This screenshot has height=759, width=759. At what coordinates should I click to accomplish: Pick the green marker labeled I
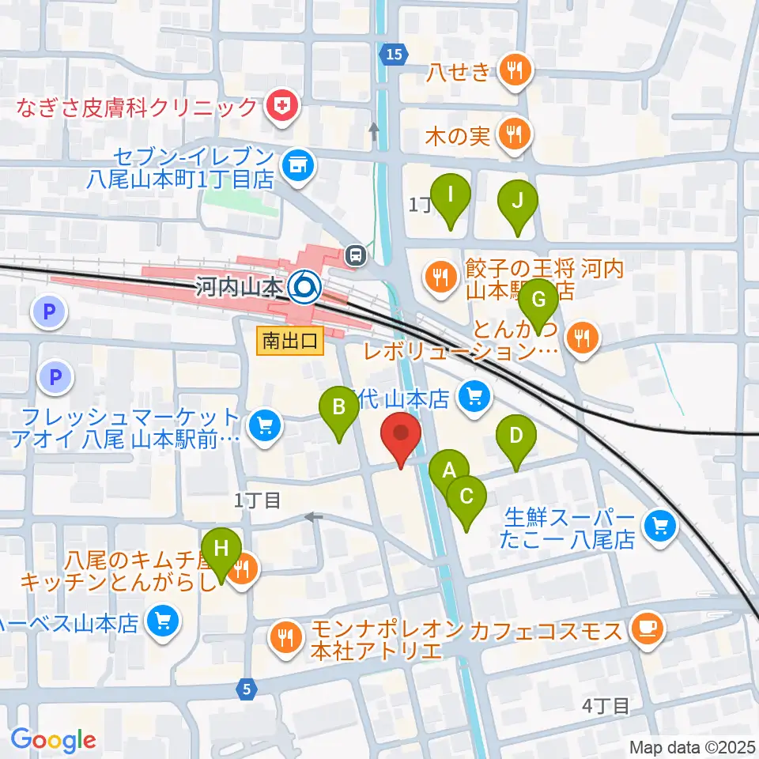(x=451, y=194)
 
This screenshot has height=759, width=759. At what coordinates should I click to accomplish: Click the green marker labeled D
(x=515, y=436)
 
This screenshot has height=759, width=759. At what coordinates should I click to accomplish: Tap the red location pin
(x=401, y=434)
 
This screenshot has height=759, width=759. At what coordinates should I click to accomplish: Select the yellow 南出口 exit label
(x=290, y=342)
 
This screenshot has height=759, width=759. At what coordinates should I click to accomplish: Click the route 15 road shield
(x=394, y=55)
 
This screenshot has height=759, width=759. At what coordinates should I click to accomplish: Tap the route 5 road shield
(x=248, y=689)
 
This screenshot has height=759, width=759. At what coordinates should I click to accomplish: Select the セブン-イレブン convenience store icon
(x=300, y=165)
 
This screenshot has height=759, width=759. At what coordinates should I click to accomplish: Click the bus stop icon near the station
(x=357, y=255)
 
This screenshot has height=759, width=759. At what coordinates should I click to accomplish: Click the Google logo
(x=53, y=739)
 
